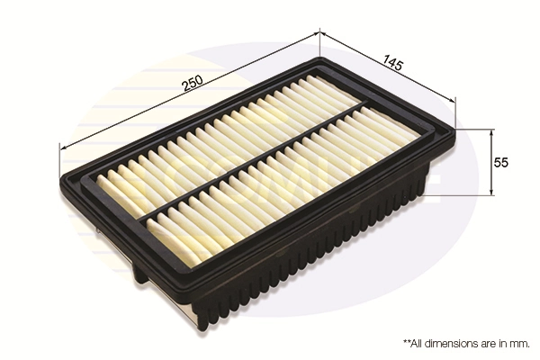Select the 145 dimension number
click(391, 64)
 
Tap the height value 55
click(502, 163)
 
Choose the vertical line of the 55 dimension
click(490, 162)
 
